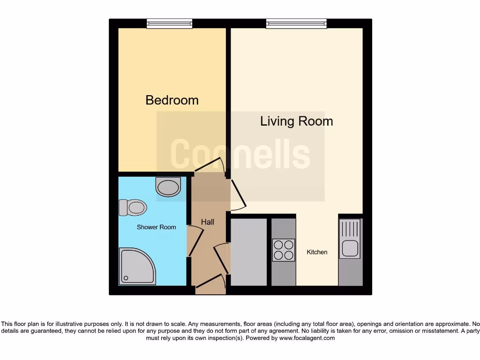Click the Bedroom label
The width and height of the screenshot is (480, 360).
point(172,100)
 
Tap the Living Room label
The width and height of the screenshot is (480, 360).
point(296,121)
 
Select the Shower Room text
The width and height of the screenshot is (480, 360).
point(156,227)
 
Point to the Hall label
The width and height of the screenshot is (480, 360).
point(208,222)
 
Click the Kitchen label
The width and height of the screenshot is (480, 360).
point(317,252)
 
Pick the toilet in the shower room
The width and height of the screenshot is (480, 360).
point(133,207)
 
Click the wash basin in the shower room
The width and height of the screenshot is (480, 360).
point(168,187)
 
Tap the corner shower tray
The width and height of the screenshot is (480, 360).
point(137,266)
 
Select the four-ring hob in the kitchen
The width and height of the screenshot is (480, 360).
point(284,250)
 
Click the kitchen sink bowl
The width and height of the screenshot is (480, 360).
point(350,248)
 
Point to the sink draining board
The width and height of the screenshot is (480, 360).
point(350,229)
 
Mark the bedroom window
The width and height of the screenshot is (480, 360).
point(169,23)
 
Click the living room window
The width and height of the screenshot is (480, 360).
point(296,23)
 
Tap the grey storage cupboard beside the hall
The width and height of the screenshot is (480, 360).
point(248,251)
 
